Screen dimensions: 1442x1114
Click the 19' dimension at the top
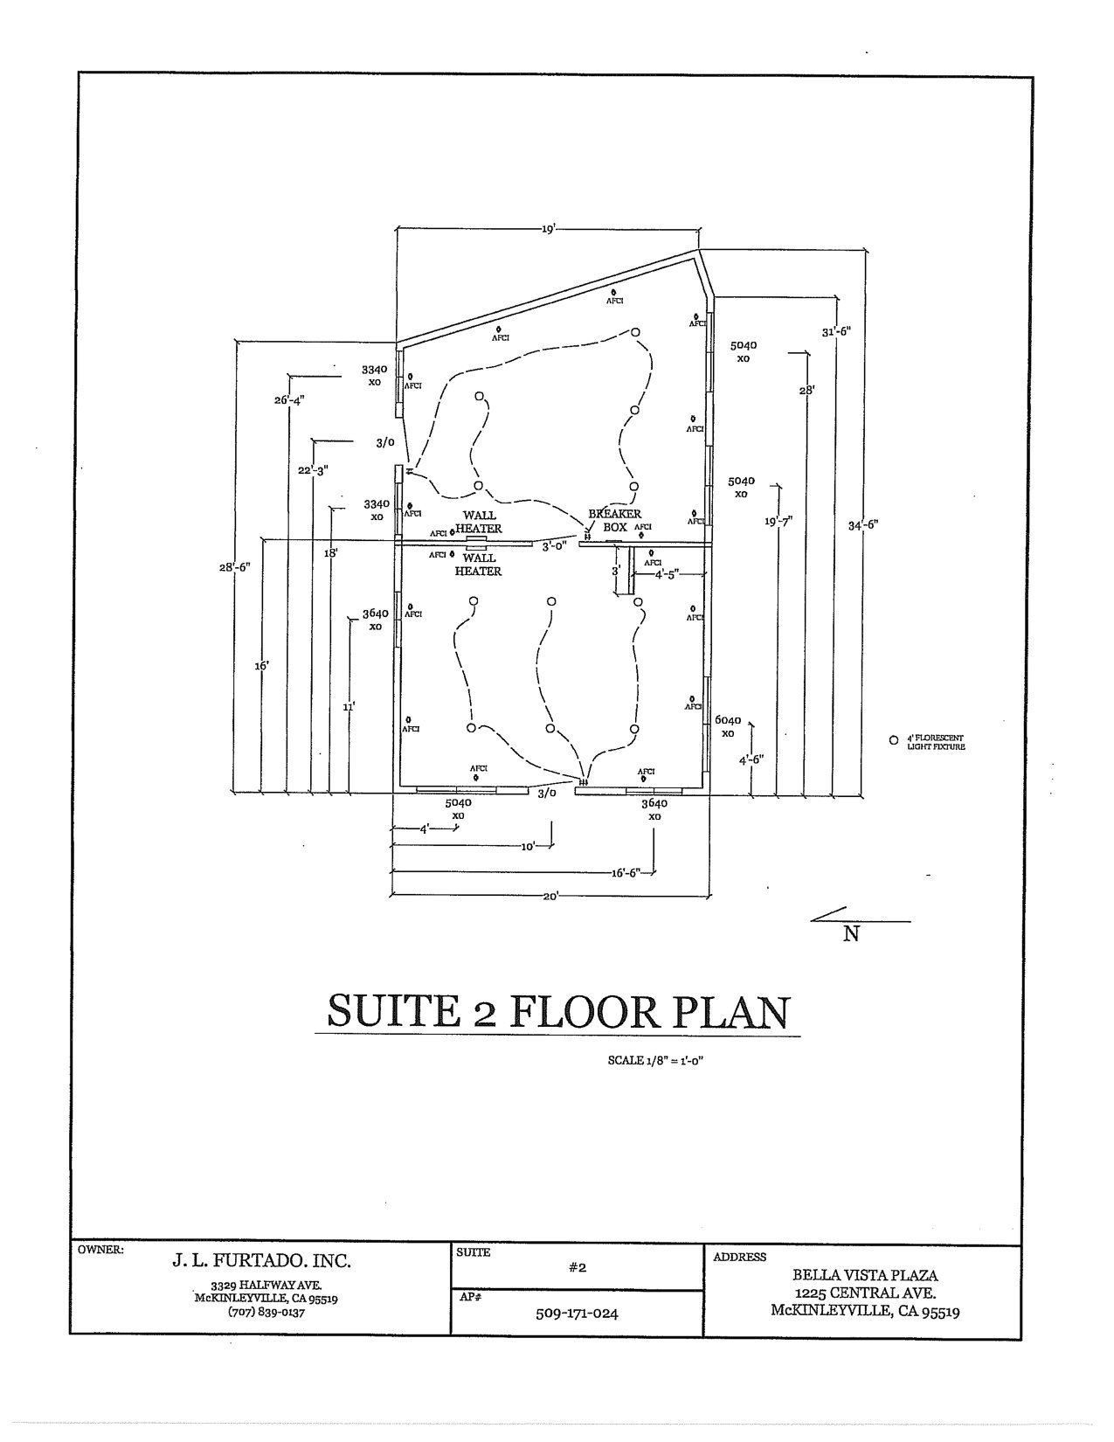548,229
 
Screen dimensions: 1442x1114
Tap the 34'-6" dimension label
862,525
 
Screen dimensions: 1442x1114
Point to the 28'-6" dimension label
235,567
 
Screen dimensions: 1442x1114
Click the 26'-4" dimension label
289,400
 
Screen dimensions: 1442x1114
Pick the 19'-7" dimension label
778,522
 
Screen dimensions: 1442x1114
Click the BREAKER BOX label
615,521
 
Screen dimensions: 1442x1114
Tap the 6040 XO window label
727,726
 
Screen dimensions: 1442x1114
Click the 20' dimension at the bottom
550,896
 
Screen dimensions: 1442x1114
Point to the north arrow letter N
851,934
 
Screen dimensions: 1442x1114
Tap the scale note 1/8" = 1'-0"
656,1061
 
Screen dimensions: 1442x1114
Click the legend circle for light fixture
893,740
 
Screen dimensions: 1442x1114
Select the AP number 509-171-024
577,1313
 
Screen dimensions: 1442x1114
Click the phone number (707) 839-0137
266,1312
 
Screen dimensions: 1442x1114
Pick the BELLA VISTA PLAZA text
865,1276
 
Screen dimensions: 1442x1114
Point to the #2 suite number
577,1267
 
